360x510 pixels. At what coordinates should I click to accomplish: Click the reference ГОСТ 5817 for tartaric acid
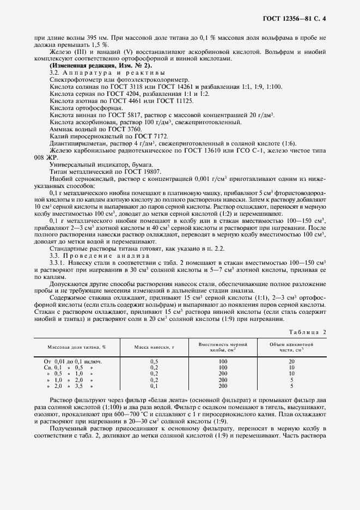[127, 115]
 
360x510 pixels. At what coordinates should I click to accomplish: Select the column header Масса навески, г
[154, 347]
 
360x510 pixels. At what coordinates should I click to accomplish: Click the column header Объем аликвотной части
[291, 347]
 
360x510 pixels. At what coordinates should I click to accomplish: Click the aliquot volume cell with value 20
[291, 361]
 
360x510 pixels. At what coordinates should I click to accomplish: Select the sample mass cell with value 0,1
[154, 386]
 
